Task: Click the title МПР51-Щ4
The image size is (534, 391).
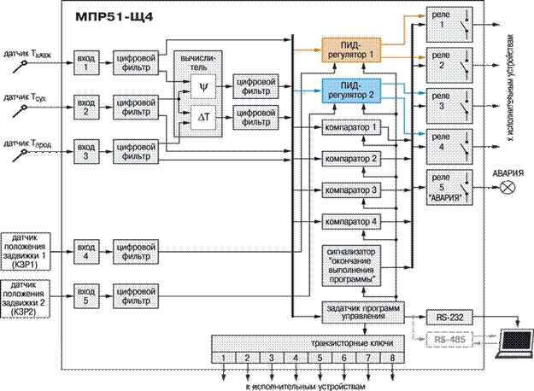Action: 108,16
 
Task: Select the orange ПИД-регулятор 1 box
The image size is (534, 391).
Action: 349,49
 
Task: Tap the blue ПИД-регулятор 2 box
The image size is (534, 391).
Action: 349,90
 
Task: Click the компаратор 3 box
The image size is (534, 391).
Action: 350,189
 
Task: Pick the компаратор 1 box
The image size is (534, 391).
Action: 350,127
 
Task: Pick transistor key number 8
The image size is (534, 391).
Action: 393,357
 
